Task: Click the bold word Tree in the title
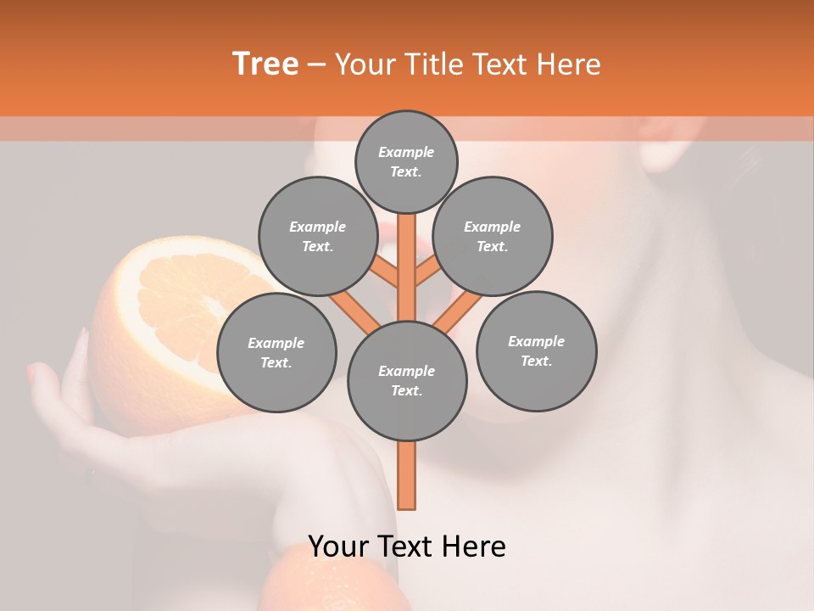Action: coord(265,64)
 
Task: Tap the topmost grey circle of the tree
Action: coord(406,161)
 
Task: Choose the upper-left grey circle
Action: coord(317,237)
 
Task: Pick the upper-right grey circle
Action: coord(492,237)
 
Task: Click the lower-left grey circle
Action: coord(276,353)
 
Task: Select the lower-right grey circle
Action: coord(536,351)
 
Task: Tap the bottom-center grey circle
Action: coord(407,381)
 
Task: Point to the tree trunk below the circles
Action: coord(407,475)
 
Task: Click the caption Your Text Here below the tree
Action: coord(407,547)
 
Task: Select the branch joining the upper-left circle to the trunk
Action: coord(387,275)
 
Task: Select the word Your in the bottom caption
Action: coord(337,547)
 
